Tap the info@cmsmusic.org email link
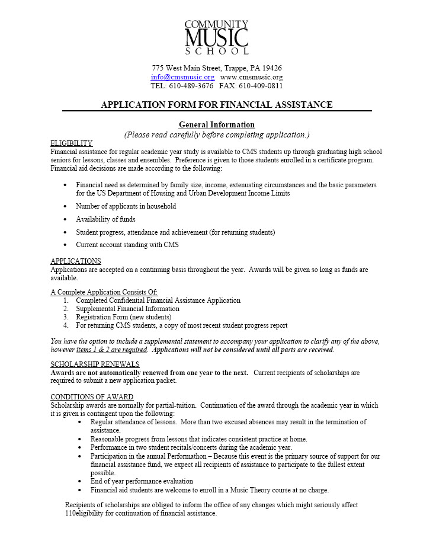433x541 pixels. point(182,77)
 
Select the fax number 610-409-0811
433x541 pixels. point(260,86)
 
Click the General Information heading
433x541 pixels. point(216,124)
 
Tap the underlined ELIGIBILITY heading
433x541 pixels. point(71,143)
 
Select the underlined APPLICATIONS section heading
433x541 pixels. point(75,261)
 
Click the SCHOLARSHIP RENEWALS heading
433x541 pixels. point(95,364)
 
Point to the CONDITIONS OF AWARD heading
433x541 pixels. point(92,397)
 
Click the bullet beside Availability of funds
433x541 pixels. point(65,219)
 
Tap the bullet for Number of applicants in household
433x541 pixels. point(65,206)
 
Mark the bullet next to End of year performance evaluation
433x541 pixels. point(81,482)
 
